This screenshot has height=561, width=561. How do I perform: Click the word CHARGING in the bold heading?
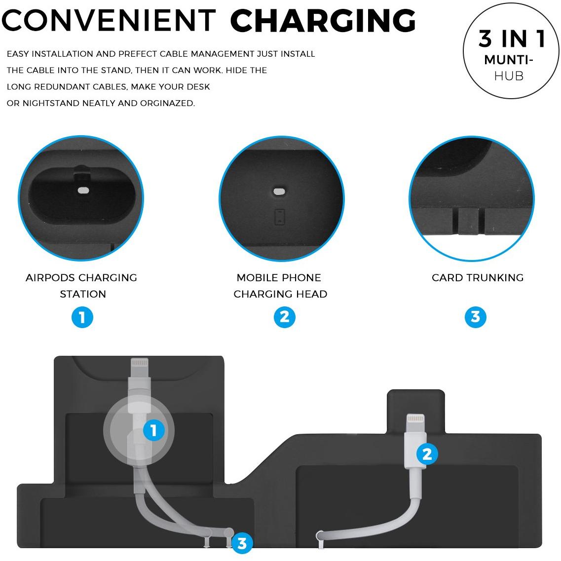pos(323,20)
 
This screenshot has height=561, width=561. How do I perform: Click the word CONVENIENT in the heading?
pos(109,20)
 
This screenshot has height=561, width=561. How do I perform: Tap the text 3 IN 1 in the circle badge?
pos(512,38)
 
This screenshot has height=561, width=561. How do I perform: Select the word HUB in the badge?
pos(509,76)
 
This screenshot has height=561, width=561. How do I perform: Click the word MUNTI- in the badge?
pos(509,60)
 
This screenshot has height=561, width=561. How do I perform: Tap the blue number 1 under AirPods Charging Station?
pos(82,317)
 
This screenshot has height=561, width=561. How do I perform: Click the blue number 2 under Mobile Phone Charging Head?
pos(284,317)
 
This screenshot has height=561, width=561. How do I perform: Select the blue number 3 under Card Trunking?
pos(476,317)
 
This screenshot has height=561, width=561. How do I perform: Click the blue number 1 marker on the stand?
pos(154,430)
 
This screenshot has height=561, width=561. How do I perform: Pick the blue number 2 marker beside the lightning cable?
pos(427,454)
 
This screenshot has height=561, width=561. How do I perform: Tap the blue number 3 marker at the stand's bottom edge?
pos(242,543)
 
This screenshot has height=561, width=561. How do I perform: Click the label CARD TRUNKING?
pos(478,278)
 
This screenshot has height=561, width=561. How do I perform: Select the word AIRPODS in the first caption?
pos(50,278)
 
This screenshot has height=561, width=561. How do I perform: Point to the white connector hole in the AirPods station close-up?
pos(83,190)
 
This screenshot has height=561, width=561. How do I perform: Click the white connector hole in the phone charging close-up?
pos(279,191)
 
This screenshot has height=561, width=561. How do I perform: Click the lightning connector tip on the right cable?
pos(416,418)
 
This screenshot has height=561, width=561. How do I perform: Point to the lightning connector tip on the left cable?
pos(140,363)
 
